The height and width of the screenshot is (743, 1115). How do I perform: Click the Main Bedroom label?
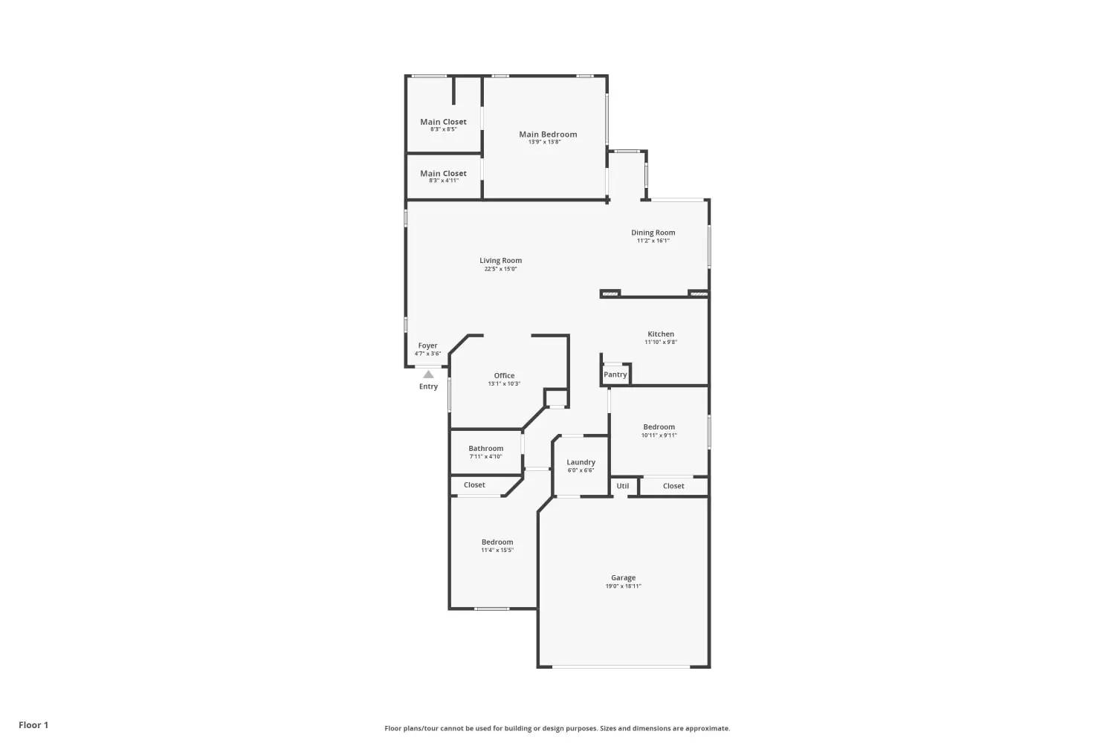pyautogui.click(x=548, y=134)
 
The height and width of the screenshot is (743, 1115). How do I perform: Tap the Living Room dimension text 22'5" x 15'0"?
pyautogui.click(x=501, y=269)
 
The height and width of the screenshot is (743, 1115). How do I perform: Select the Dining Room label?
pyautogui.click(x=653, y=233)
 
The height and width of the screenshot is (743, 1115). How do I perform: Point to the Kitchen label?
pyautogui.click(x=661, y=334)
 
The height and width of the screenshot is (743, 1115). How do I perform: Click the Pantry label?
pyautogui.click(x=615, y=374)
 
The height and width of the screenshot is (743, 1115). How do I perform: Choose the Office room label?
pyautogui.click(x=504, y=376)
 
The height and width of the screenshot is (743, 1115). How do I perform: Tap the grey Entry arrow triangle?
pyautogui.click(x=428, y=374)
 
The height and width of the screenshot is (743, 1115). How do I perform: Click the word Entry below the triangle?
pyautogui.click(x=428, y=386)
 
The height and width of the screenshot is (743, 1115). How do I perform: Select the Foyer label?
pyautogui.click(x=427, y=345)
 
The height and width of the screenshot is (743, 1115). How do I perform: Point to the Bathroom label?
pyautogui.click(x=486, y=448)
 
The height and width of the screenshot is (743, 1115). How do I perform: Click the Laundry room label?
pyautogui.click(x=581, y=462)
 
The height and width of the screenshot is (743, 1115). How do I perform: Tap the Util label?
pyautogui.click(x=623, y=486)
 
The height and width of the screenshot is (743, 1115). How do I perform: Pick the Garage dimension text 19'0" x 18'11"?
pyautogui.click(x=623, y=586)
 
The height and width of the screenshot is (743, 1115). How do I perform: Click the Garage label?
pyautogui.click(x=623, y=578)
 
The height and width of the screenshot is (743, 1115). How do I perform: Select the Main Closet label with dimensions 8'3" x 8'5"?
pyautogui.click(x=443, y=122)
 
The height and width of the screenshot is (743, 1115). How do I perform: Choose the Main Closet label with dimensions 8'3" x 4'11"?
pyautogui.click(x=443, y=174)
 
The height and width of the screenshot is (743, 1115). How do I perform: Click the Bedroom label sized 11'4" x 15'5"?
pyautogui.click(x=497, y=542)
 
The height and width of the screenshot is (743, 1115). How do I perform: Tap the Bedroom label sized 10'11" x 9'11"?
pyautogui.click(x=659, y=427)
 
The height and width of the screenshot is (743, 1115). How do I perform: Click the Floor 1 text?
pyautogui.click(x=33, y=725)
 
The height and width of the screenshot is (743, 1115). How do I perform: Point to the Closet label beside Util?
pyautogui.click(x=673, y=486)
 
